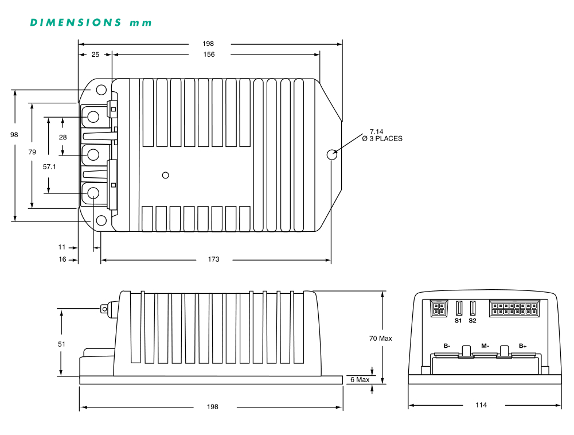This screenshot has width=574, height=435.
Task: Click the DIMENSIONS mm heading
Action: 91,23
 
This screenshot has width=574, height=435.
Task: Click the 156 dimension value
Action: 209,55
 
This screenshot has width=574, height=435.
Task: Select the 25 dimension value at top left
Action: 95,55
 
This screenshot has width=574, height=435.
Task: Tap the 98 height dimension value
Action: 14,134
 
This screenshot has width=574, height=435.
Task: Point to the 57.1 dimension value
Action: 49,167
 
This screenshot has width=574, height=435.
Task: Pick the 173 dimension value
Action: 213,259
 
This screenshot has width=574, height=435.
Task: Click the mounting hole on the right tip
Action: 331,154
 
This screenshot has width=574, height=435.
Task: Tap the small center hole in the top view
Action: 166,176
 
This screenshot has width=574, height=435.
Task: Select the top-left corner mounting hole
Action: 101,90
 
